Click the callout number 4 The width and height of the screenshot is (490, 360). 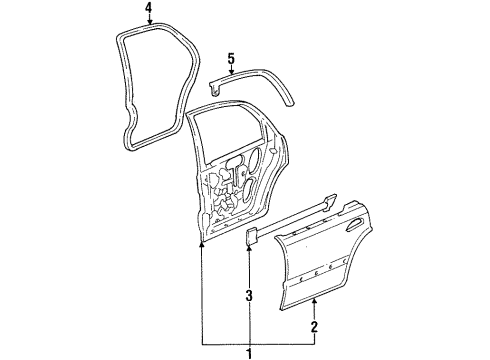(x=149, y=8)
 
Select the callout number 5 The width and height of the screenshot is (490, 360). (x=231, y=59)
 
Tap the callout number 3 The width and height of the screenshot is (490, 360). (x=249, y=295)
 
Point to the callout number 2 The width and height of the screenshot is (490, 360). (x=314, y=327)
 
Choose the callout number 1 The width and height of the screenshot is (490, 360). (x=249, y=353)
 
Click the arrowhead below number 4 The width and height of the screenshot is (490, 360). (x=150, y=22)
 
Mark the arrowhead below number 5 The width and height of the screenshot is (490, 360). (x=231, y=70)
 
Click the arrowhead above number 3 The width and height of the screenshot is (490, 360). (x=250, y=248)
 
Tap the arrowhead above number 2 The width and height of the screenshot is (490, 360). (x=314, y=302)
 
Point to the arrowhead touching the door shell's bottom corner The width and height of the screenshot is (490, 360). (x=202, y=246)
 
